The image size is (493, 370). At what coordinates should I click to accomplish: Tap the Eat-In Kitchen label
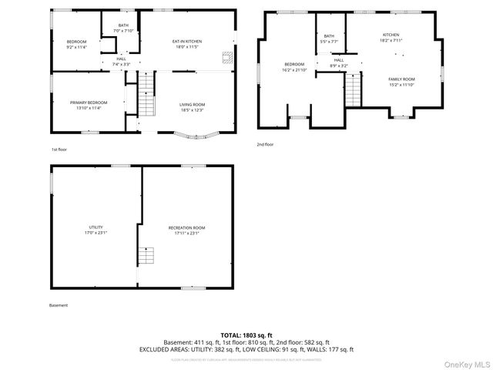pos(186,43)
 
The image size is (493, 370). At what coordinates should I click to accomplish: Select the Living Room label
pos(193,106)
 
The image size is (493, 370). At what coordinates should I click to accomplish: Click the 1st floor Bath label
pos(123,29)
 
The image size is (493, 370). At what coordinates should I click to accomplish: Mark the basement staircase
pos(146,257)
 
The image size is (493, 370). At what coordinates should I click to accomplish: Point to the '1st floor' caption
pos(59,149)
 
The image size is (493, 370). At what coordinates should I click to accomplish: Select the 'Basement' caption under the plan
pos(59,305)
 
